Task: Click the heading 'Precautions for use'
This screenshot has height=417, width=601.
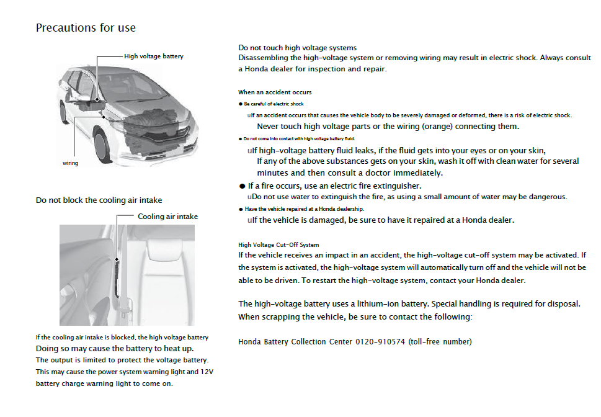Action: pos(86,28)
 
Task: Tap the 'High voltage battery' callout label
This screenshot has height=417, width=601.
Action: pos(154,56)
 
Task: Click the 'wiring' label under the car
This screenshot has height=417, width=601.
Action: pos(70,163)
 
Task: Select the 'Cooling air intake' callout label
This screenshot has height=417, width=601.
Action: pos(167,217)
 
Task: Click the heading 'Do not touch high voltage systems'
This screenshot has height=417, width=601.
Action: pos(297,48)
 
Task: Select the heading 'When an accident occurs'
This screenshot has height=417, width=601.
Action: pos(275,92)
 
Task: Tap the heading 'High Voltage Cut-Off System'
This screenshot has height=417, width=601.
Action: pos(278,245)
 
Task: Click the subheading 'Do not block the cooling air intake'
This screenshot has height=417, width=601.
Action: pos(99,200)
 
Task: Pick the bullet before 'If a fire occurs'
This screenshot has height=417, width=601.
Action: pos(243,186)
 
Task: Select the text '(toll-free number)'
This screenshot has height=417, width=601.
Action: pos(440,342)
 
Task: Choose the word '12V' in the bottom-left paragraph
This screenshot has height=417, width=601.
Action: pos(208,372)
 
